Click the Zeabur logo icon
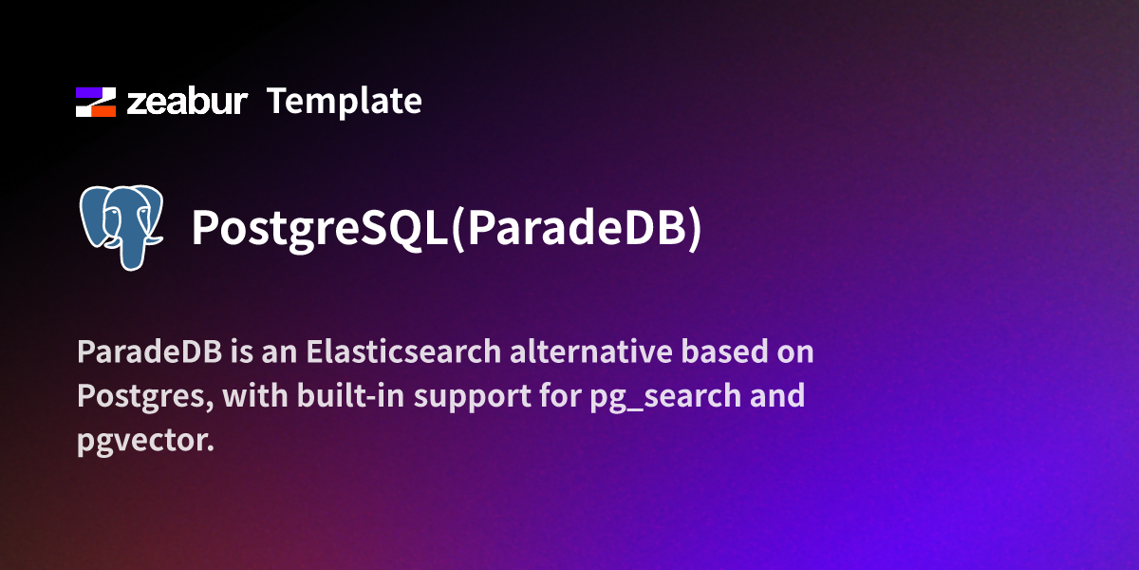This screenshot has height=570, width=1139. (95, 102)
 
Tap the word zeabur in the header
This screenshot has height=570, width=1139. (187, 102)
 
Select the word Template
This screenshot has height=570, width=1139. (344, 101)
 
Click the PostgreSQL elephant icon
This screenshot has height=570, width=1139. (121, 226)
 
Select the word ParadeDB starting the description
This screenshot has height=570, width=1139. (149, 352)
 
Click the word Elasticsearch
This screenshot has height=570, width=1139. (403, 352)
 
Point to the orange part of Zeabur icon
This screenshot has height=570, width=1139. (105, 109)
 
